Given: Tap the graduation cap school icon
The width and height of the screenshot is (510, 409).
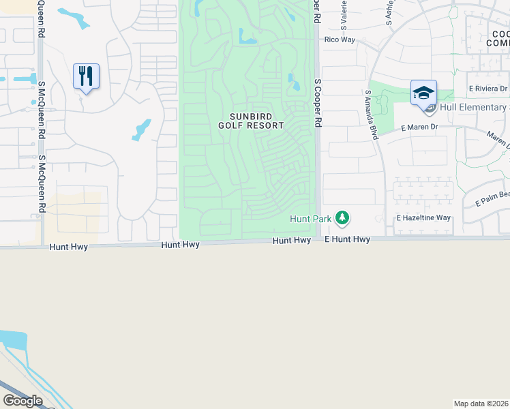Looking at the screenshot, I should tap(423, 92).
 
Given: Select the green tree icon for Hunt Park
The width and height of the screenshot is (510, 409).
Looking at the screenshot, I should tap(342, 219).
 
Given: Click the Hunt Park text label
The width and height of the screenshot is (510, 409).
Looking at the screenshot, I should tap(311, 219).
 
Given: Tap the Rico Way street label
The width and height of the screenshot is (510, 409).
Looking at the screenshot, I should tap(340, 40).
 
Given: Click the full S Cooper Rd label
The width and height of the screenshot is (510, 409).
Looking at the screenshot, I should tap(317, 102).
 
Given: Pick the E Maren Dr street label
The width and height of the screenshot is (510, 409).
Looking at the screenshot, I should tap(419, 127).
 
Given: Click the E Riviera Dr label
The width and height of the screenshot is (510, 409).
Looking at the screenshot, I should tap(488, 89).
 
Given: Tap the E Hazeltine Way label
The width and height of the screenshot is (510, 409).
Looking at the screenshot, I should tap(424, 218).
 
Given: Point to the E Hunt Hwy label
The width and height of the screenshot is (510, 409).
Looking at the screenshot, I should tap(347, 240).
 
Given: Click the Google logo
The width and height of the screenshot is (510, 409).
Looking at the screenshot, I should tap(23, 401).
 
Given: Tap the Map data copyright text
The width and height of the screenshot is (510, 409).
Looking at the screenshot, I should tap(481, 404).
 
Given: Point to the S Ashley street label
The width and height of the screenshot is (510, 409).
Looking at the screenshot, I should tap(390, 12).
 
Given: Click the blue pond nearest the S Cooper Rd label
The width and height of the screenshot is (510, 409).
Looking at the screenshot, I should tap(295, 83).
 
